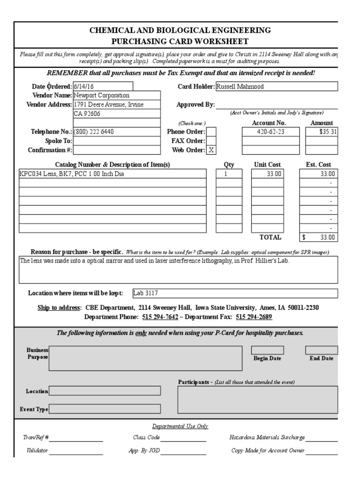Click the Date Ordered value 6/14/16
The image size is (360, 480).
(x=81, y=86)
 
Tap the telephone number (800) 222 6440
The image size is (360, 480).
(x=94, y=132)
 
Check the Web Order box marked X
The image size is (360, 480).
(x=211, y=150)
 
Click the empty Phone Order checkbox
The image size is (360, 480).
(x=211, y=132)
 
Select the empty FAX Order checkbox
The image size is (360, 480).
(x=211, y=141)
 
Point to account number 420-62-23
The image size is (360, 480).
(x=270, y=132)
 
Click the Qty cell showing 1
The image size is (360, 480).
(x=225, y=174)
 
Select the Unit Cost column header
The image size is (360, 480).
(x=267, y=165)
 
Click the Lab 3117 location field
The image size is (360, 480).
(x=146, y=293)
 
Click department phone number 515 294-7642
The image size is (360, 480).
(x=160, y=317)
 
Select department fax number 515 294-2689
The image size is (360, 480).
(x=254, y=317)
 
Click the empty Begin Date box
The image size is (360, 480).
(x=267, y=350)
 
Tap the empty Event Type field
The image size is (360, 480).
(x=105, y=409)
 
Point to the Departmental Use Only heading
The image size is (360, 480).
(x=180, y=426)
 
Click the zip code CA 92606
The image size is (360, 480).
(x=87, y=113)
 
